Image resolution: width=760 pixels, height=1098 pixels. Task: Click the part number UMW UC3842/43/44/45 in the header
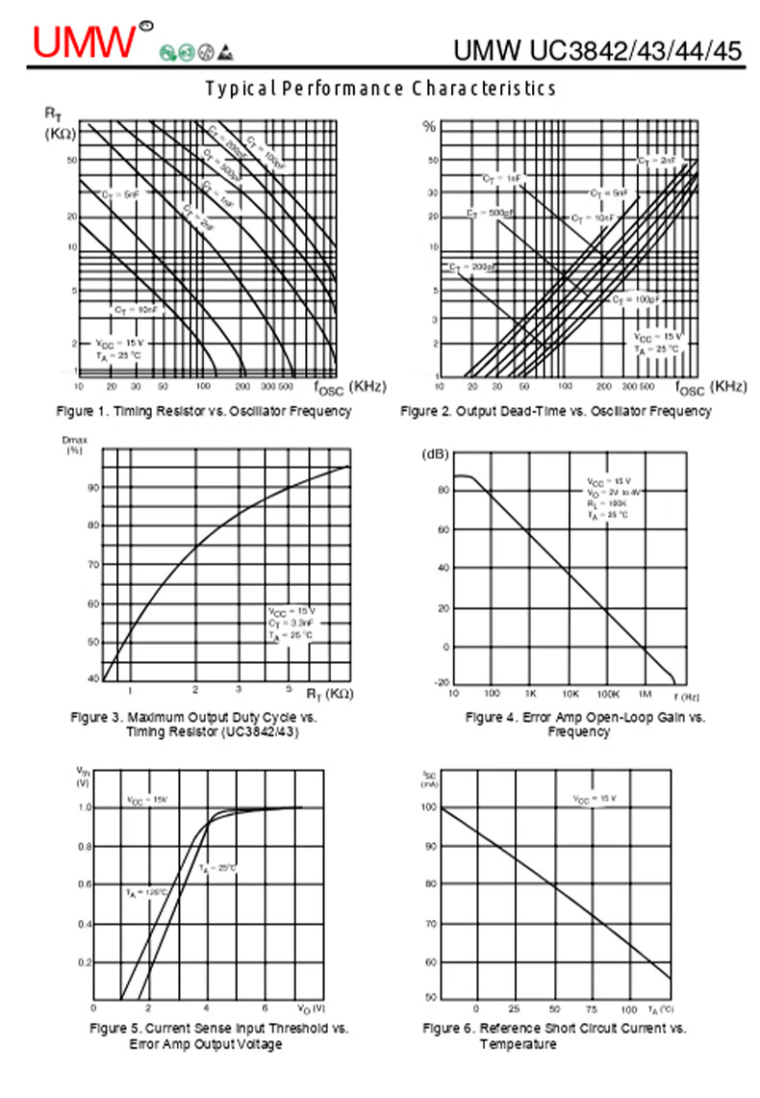point(598,50)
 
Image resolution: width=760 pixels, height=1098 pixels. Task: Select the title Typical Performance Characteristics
point(381,89)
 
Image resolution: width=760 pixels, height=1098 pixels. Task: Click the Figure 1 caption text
point(203,412)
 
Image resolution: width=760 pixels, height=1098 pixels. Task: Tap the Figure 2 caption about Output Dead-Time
point(556,412)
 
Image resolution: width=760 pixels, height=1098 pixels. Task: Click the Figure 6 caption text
point(555,1035)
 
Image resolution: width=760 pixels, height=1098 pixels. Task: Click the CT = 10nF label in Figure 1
point(136,310)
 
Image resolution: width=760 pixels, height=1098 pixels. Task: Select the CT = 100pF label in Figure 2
point(636,300)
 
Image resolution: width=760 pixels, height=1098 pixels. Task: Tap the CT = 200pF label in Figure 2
point(471,267)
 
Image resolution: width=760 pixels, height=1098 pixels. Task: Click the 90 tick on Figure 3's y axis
point(92,487)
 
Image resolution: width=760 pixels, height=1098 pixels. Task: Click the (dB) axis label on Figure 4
point(435,454)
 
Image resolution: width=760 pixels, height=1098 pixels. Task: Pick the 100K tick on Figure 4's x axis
point(607,694)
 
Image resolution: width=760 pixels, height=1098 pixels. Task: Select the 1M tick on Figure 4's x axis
point(646,694)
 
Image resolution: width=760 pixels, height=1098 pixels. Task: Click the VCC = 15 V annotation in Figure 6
point(595,799)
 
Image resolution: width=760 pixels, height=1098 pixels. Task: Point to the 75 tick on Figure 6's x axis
point(592,1009)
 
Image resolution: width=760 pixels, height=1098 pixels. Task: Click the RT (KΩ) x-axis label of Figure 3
point(329,694)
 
